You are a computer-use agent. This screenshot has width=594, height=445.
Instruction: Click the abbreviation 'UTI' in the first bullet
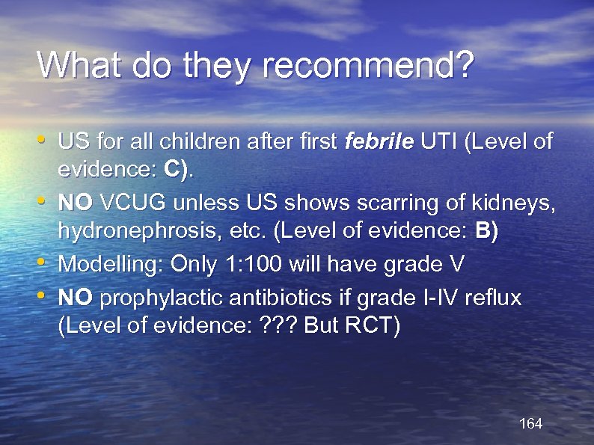[438, 141]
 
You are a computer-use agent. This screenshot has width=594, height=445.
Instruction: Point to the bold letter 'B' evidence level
[484, 232]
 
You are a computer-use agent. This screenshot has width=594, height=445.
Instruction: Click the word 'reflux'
[492, 298]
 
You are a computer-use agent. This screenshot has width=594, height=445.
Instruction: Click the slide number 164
[530, 424]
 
